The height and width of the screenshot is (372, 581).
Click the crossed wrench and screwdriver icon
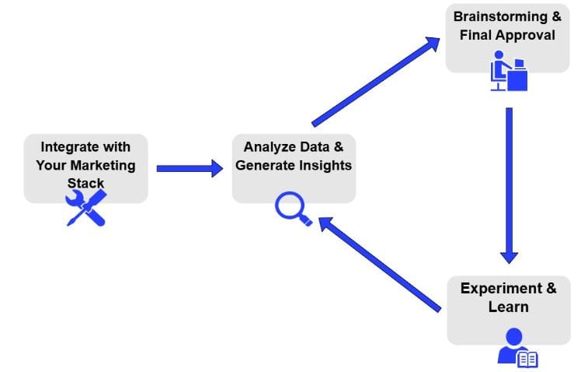(x=86, y=208)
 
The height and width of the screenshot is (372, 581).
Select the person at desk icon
(x=509, y=71)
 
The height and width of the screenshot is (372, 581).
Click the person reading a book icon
(x=517, y=347)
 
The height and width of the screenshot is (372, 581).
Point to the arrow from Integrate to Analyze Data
(x=190, y=169)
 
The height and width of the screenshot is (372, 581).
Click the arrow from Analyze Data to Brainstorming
(x=376, y=82)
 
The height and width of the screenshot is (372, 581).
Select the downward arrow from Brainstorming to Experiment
(x=509, y=186)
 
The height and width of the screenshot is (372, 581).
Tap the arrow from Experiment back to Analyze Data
(x=379, y=265)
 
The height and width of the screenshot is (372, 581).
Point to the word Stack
(x=85, y=183)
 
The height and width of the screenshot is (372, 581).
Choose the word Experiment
(x=501, y=289)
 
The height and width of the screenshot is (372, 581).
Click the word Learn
(x=508, y=307)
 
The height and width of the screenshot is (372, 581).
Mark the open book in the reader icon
(x=527, y=360)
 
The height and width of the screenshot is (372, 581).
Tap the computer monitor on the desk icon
(x=520, y=64)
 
